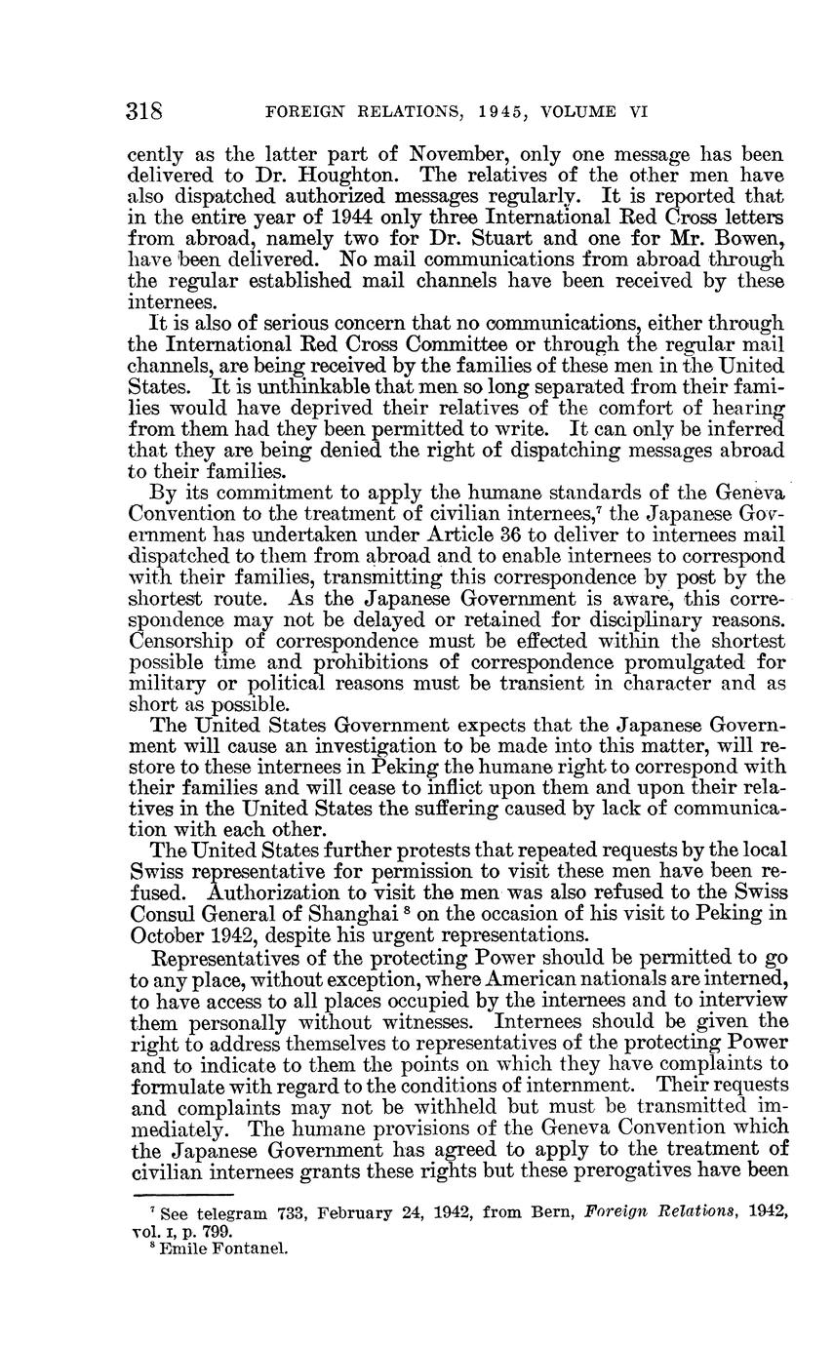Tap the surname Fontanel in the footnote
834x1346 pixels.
point(250,1246)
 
